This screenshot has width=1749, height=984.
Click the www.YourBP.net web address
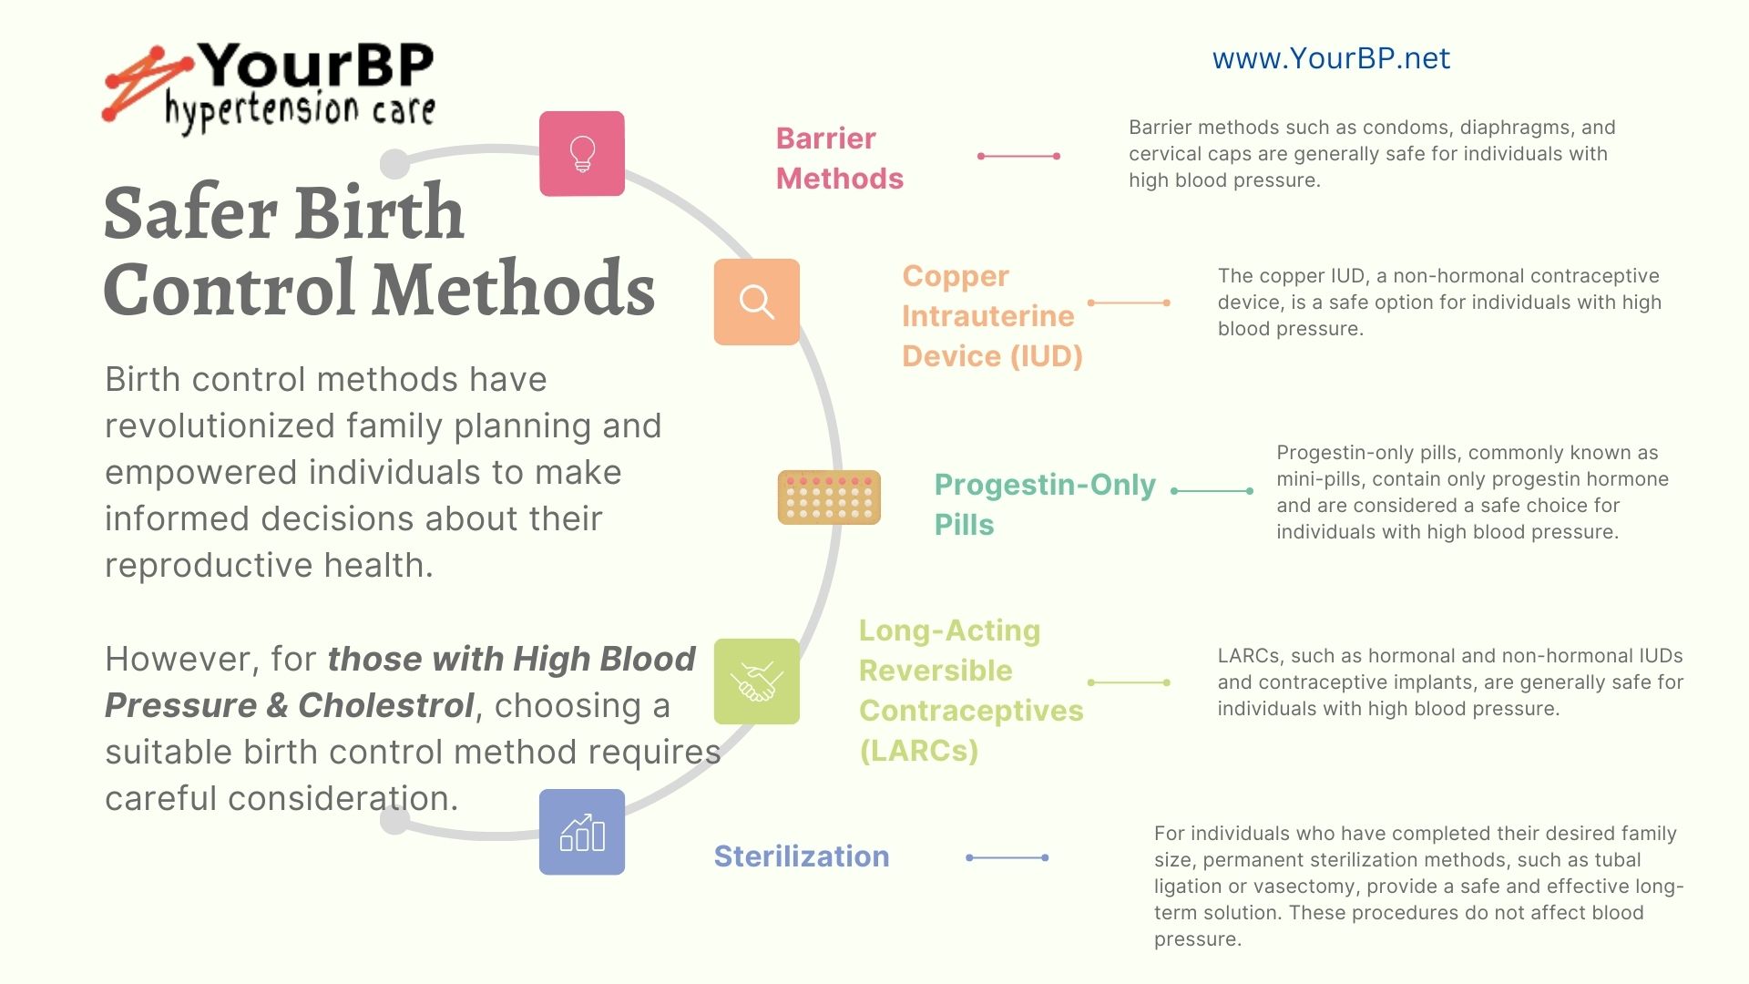[1331, 58]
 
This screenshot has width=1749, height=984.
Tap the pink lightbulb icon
[582, 154]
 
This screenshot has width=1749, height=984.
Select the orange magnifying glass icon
[757, 302]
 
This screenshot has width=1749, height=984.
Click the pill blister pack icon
[829, 497]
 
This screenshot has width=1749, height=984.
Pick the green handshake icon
[757, 682]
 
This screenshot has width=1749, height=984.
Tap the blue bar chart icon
[582, 832]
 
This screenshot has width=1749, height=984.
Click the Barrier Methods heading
[840, 159]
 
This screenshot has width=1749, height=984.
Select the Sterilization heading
[802, 856]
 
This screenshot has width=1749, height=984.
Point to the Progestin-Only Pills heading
[1045, 505]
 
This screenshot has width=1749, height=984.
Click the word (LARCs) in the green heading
[919, 751]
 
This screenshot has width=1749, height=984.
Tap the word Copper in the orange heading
[956, 276]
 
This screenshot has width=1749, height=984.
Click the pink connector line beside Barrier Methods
[1018, 156]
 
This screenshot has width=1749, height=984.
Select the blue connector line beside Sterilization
[1007, 857]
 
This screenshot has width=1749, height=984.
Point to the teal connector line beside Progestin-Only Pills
[1212, 491]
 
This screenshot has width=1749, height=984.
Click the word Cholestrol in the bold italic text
[386, 705]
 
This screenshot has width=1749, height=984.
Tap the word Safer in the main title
[190, 213]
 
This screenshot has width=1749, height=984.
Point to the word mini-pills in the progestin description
[1318, 479]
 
